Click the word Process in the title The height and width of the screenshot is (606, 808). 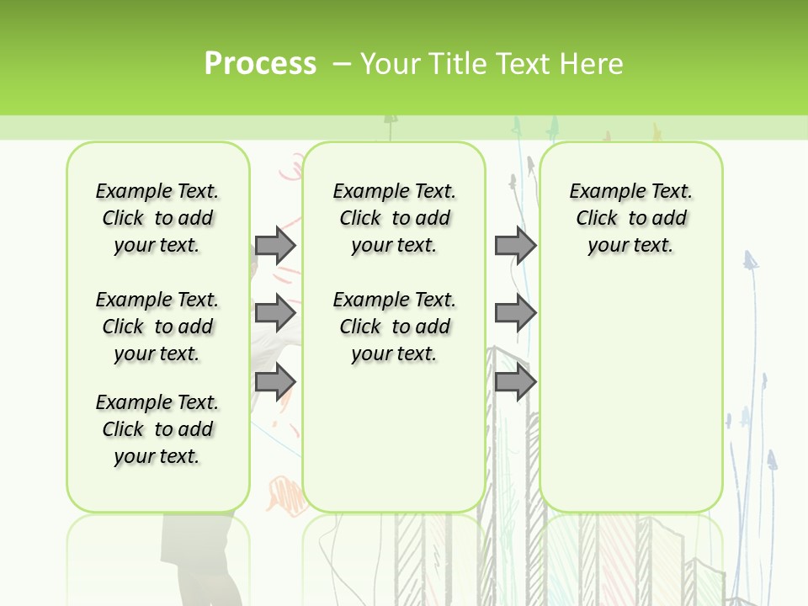coord(260,64)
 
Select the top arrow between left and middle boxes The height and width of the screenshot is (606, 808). coord(274,245)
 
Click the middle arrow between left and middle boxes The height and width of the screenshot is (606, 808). coord(274,313)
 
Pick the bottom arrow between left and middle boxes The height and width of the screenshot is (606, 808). coord(274,382)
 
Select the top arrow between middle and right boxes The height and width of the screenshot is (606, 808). coord(514,245)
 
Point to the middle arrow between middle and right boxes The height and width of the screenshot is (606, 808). coord(514,313)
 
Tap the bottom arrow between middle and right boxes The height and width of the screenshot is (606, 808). coord(514,382)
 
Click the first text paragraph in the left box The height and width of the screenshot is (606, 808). coord(157,218)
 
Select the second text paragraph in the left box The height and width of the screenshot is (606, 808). coord(157,327)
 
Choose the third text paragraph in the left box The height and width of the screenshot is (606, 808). coord(157,429)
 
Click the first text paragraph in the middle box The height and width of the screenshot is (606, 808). coord(394,218)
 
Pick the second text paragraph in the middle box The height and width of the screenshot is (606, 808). coord(394,327)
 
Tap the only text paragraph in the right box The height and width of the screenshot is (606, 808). coord(630,218)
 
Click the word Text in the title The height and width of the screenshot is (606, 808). coord(524,64)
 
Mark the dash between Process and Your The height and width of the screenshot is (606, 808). coord(342,64)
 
